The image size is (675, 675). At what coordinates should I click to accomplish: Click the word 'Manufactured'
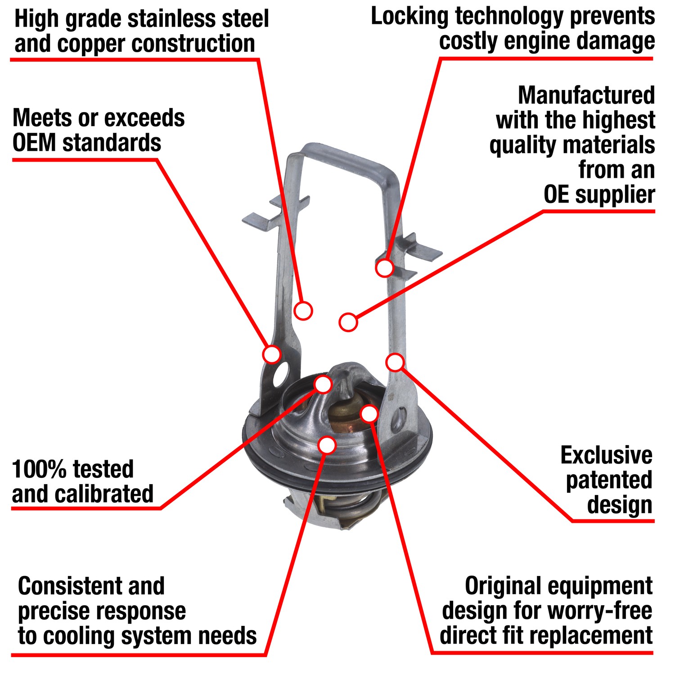click(x=586, y=95)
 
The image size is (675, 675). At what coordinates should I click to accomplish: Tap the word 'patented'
click(x=609, y=480)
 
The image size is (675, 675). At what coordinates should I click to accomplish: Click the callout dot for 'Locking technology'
click(x=385, y=267)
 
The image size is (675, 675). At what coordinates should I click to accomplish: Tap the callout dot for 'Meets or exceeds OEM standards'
click(x=272, y=354)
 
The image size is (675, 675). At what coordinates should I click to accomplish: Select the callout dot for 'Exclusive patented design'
click(x=395, y=362)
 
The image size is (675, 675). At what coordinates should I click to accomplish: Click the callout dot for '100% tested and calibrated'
click(x=323, y=384)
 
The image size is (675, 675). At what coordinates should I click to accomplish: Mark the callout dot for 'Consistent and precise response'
click(x=327, y=445)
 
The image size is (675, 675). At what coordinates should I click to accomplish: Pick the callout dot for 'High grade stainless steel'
click(x=303, y=310)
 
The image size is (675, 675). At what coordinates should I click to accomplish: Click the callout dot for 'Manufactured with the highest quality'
click(x=348, y=322)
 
